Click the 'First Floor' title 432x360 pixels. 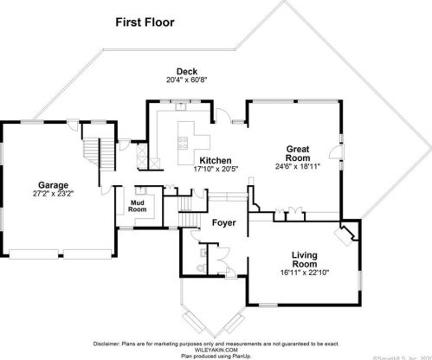(145, 22)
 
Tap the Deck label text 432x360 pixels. (186, 71)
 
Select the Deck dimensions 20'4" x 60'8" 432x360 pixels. (187, 80)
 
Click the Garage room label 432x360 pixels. (54, 184)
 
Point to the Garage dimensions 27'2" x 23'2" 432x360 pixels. (54, 194)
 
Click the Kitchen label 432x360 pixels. (215, 161)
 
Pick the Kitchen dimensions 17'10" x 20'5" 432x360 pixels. (216, 170)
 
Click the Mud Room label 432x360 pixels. (138, 205)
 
